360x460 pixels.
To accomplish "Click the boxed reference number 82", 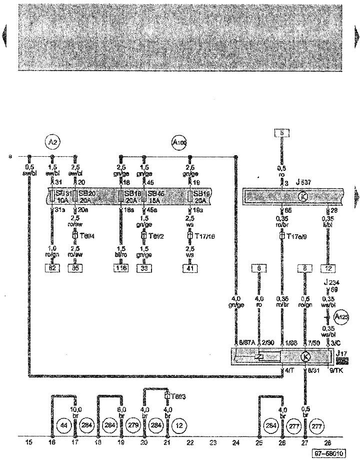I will [x=53, y=268].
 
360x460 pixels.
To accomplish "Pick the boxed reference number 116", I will [x=121, y=268].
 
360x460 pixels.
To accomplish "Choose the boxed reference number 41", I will [x=190, y=268].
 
